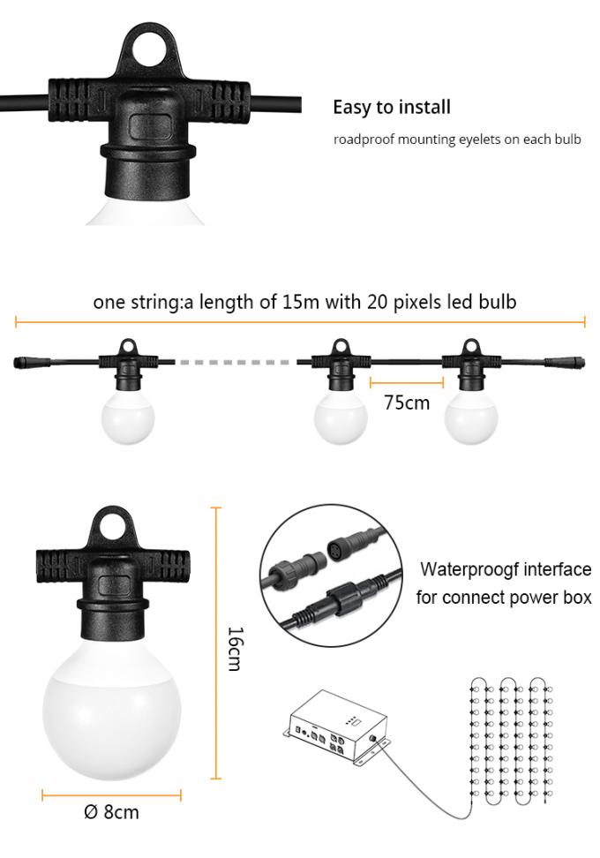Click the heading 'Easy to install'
click(391, 108)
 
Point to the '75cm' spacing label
click(407, 403)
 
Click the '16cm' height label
click(234, 648)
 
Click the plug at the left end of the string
click(30, 362)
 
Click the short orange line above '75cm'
click(407, 383)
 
